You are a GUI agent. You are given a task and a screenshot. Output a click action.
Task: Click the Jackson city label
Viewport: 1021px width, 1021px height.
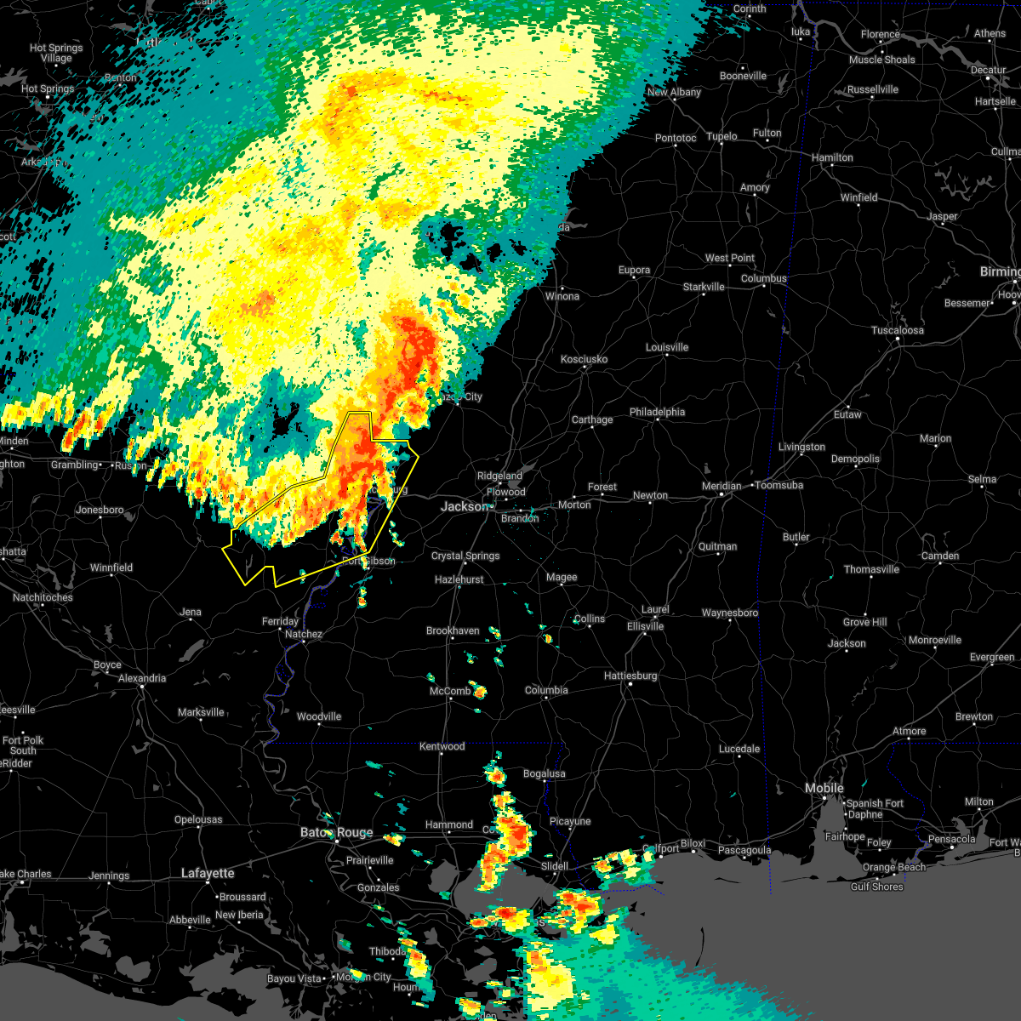[x=464, y=506]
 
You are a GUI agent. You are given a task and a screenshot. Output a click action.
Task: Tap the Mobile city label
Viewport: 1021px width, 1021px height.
[x=824, y=789]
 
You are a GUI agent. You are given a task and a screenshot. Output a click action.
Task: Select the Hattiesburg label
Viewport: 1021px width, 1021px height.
[x=630, y=676]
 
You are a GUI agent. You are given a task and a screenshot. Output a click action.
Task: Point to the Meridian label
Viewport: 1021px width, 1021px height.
[x=721, y=486]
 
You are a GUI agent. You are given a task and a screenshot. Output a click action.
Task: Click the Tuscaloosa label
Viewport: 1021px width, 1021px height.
[x=898, y=330]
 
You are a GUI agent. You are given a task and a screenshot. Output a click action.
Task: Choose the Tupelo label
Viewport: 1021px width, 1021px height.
[x=722, y=136]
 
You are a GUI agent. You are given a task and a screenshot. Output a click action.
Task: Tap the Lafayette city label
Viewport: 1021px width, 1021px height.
[x=208, y=873]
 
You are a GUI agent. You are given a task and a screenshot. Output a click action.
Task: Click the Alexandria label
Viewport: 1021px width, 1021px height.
[x=142, y=678]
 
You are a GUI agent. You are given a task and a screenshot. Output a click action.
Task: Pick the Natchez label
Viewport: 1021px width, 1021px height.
[x=303, y=634]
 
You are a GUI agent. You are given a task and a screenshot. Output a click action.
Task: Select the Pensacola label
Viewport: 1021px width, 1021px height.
[x=950, y=839]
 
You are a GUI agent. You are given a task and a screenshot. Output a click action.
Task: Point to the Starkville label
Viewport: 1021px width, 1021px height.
[x=704, y=287]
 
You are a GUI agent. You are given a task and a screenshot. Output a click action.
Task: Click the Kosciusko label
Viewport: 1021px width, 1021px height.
[x=584, y=359]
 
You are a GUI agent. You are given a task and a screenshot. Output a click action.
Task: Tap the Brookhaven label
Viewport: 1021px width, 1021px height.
[x=453, y=630]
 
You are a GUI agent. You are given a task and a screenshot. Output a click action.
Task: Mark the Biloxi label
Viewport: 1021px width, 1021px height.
[x=693, y=844]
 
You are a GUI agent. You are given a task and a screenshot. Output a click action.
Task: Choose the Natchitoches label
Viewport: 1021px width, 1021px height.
[x=43, y=597]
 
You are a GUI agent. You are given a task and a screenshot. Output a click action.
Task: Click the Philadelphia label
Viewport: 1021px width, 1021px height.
[x=657, y=412]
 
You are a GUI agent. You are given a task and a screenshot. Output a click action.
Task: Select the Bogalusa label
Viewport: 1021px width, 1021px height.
[x=545, y=773]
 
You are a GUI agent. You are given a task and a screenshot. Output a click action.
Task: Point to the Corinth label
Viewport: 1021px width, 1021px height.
[x=749, y=9]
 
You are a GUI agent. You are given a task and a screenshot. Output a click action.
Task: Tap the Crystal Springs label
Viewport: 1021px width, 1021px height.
[x=465, y=556]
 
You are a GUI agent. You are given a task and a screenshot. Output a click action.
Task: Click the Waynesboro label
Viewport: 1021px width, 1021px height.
[x=729, y=613]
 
